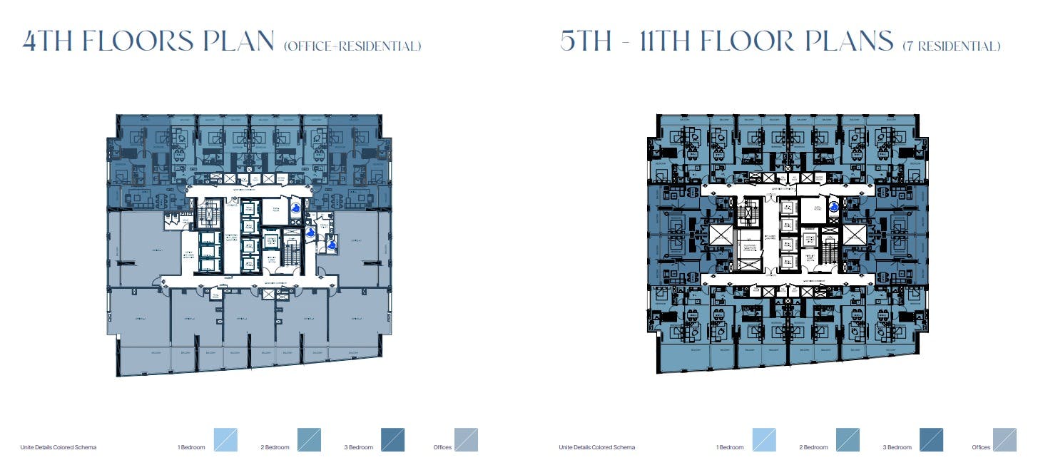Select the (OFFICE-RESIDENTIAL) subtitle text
tap(352, 46)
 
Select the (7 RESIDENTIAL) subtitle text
tap(951, 46)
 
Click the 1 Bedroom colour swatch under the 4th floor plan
tap(225, 440)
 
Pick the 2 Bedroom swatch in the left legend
tap(309, 440)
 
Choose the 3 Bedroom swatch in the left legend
tap(393, 440)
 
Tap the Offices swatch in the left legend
tap(466, 440)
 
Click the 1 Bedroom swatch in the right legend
tap(764, 440)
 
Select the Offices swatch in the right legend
tap(1004, 440)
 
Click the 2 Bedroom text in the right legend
tap(813, 448)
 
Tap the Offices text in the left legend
tap(442, 448)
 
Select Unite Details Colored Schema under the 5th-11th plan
tap(597, 448)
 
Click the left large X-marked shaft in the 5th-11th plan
tap(720, 235)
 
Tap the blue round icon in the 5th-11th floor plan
tap(834, 208)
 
